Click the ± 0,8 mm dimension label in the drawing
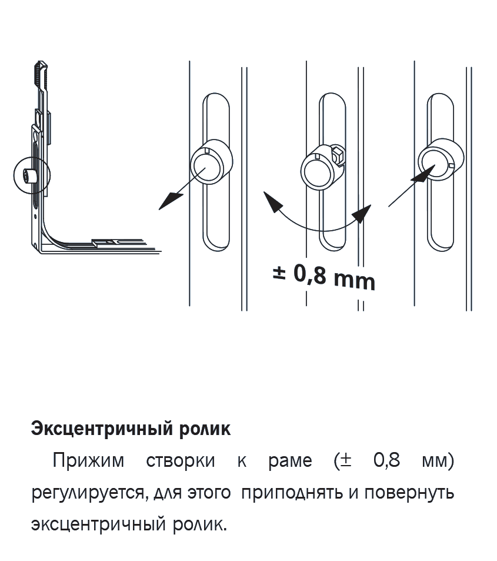[x=324, y=277]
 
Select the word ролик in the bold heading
[x=205, y=429]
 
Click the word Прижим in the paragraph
[x=88, y=460]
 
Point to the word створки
[x=181, y=461]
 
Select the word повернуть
[x=409, y=493]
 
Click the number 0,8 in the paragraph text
[x=386, y=460]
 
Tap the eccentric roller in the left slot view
[x=211, y=161]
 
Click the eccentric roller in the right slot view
[x=441, y=161]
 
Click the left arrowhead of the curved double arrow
[x=272, y=201]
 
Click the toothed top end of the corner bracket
[x=40, y=74]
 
